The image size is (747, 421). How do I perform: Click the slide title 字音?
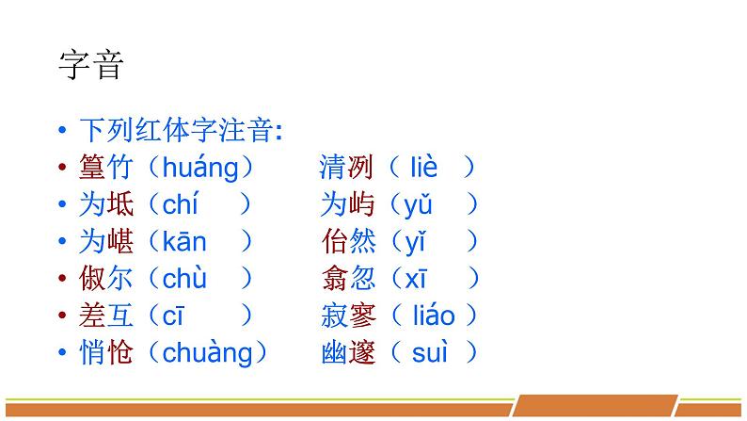(x=91, y=66)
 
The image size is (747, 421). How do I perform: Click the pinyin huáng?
(x=200, y=169)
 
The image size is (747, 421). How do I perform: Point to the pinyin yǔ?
(x=417, y=205)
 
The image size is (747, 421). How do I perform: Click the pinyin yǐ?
(x=416, y=242)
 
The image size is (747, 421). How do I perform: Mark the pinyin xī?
(x=416, y=279)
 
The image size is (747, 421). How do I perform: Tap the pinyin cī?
(x=174, y=316)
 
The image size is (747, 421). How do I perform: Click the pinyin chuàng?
(x=208, y=353)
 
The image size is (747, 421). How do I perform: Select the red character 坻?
(x=121, y=205)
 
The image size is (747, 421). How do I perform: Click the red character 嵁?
(x=121, y=242)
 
